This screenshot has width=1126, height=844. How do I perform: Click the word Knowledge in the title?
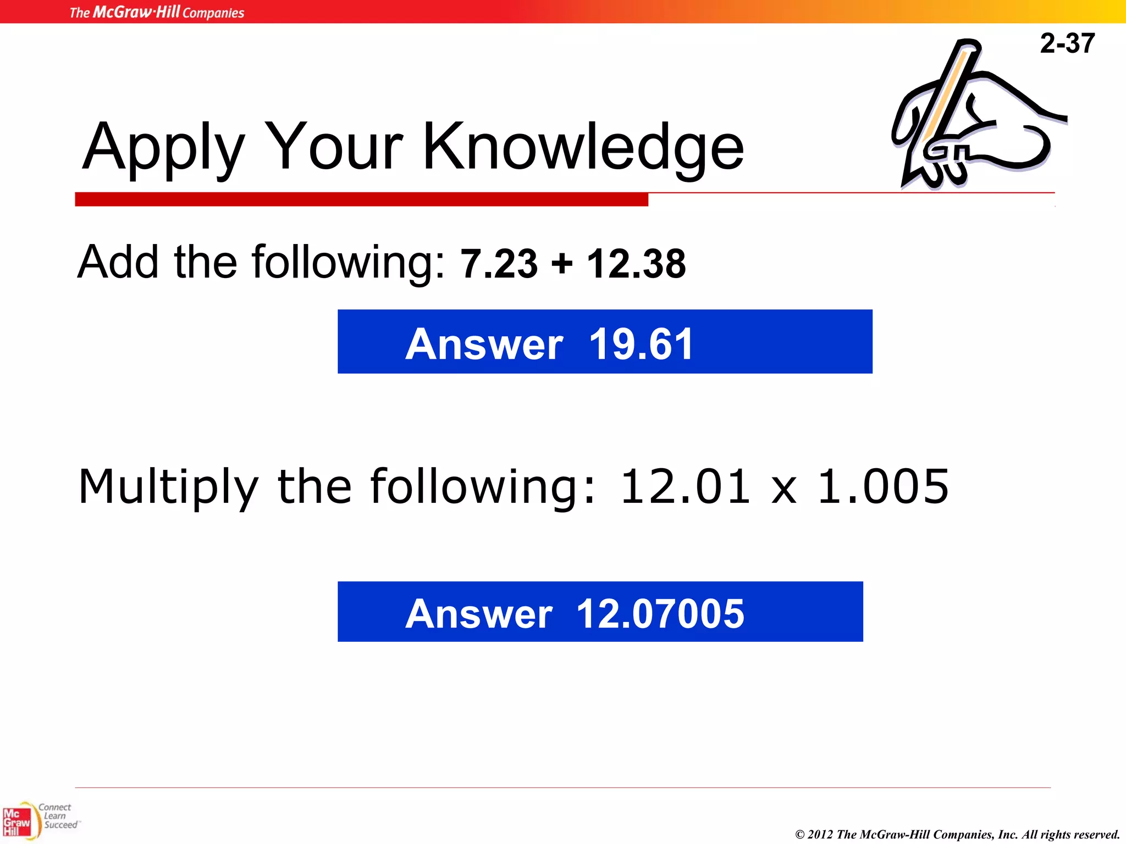point(583,147)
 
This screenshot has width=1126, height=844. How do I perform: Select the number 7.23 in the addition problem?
point(499,264)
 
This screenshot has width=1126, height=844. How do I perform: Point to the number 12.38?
point(636,264)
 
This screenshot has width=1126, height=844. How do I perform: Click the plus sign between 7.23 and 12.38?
point(562,264)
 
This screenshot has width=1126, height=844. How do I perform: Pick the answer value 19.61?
point(641,344)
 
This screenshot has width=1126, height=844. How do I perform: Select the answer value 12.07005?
point(660,613)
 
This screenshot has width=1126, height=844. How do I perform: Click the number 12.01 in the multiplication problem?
point(685,486)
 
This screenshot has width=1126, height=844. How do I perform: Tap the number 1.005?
point(883,486)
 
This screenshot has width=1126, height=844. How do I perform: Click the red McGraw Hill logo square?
point(16,822)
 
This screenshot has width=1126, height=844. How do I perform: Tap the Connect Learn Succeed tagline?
point(58,816)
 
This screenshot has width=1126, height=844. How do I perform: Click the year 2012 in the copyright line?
point(820,835)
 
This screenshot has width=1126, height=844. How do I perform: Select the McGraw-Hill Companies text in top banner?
point(157,12)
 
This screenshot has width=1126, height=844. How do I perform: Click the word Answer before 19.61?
point(484,344)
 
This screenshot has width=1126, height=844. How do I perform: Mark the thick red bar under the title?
point(361,199)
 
